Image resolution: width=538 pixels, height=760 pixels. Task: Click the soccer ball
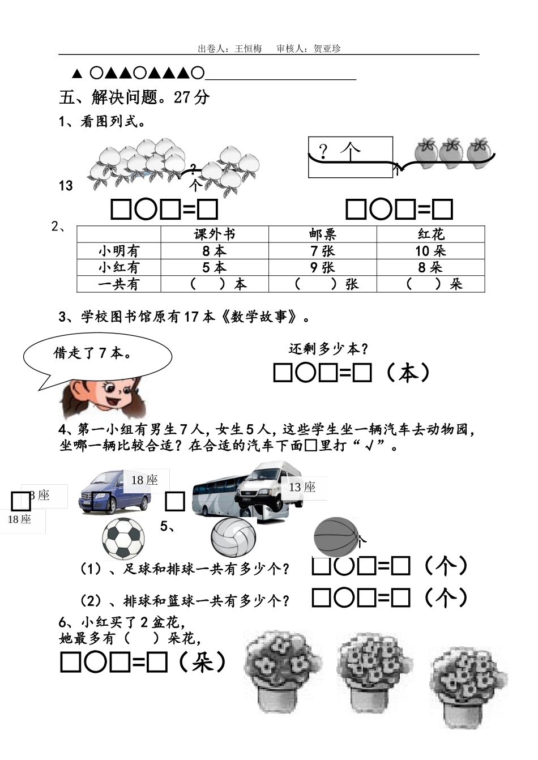[x=123, y=539]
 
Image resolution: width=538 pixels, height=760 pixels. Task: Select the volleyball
[x=233, y=537]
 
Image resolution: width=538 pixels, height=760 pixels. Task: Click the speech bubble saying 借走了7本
[x=97, y=354]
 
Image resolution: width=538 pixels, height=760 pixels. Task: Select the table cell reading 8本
[x=214, y=251]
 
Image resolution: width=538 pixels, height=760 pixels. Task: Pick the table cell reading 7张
[x=322, y=251]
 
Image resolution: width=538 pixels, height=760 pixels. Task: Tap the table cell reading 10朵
[x=430, y=251]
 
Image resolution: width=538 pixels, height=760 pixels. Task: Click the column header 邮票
[x=322, y=234]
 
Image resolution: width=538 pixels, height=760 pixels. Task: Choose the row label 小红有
[x=118, y=267]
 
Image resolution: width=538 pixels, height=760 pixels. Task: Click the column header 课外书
[x=214, y=234]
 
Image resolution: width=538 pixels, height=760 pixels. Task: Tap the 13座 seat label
[x=302, y=487]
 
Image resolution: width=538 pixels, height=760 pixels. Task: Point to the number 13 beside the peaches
[x=66, y=186]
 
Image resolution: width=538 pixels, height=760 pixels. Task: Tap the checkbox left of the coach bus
[x=175, y=502]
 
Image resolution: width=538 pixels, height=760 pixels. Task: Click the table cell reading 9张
[x=322, y=267]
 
